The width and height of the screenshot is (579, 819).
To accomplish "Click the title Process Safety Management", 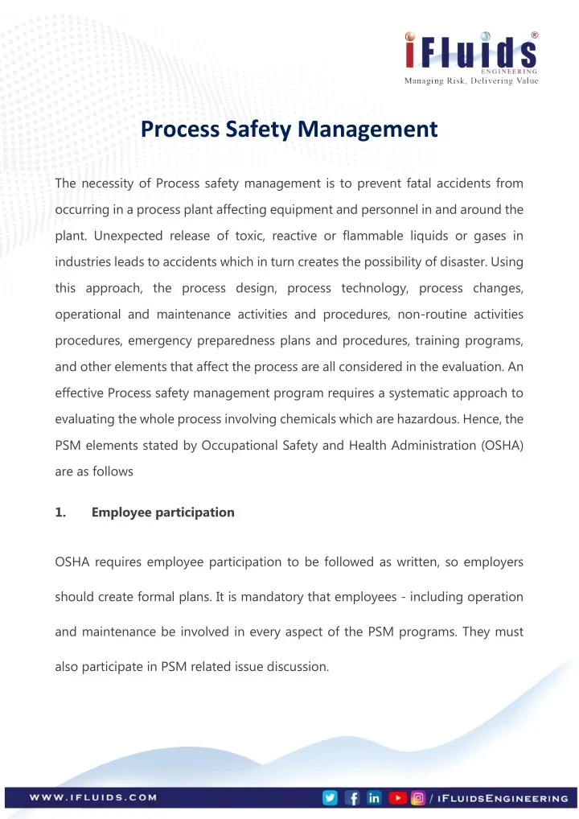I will click(289, 129).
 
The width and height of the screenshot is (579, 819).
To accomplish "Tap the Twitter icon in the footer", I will click(330, 798).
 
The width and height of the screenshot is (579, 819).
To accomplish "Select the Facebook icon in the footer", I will click(352, 798).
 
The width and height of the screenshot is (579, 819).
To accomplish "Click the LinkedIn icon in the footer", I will click(374, 798).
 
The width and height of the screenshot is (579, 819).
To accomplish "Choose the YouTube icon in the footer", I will click(397, 798).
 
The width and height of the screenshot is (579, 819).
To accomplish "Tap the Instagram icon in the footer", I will click(418, 798).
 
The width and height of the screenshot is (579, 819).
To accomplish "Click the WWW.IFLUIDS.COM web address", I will click(93, 798).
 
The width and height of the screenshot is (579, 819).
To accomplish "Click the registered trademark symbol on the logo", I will click(535, 35).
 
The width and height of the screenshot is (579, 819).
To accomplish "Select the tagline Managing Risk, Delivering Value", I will click(471, 80).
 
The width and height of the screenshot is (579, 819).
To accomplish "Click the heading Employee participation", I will click(163, 512).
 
